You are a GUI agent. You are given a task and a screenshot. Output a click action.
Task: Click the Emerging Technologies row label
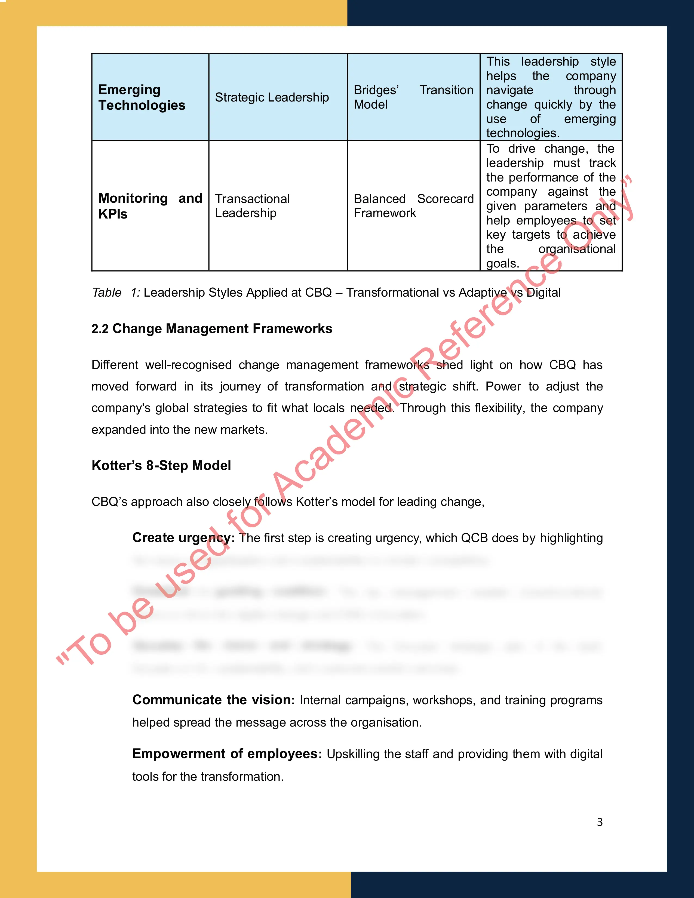(x=142, y=97)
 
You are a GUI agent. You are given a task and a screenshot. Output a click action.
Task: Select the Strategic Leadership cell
(x=272, y=97)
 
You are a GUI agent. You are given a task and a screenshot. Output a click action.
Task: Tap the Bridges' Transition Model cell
(x=413, y=97)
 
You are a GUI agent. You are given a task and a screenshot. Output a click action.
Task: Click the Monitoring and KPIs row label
(x=150, y=205)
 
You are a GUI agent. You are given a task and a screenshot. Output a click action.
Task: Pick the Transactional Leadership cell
(x=252, y=205)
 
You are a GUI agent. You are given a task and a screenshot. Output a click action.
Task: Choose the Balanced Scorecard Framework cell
(x=413, y=205)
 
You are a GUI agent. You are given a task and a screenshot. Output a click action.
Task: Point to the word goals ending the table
(x=502, y=263)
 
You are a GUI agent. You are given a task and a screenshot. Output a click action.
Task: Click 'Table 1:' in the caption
(x=116, y=292)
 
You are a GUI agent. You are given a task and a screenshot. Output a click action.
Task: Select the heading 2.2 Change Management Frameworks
(x=212, y=328)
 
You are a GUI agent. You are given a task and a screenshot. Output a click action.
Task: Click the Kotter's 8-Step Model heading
(x=161, y=465)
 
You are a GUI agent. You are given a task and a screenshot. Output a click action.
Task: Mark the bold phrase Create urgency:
(x=183, y=538)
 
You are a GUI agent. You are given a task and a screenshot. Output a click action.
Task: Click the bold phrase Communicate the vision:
(x=213, y=700)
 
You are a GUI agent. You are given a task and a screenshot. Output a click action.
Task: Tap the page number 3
(x=600, y=822)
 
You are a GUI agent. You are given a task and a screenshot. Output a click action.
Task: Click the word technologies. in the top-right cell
(x=523, y=133)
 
